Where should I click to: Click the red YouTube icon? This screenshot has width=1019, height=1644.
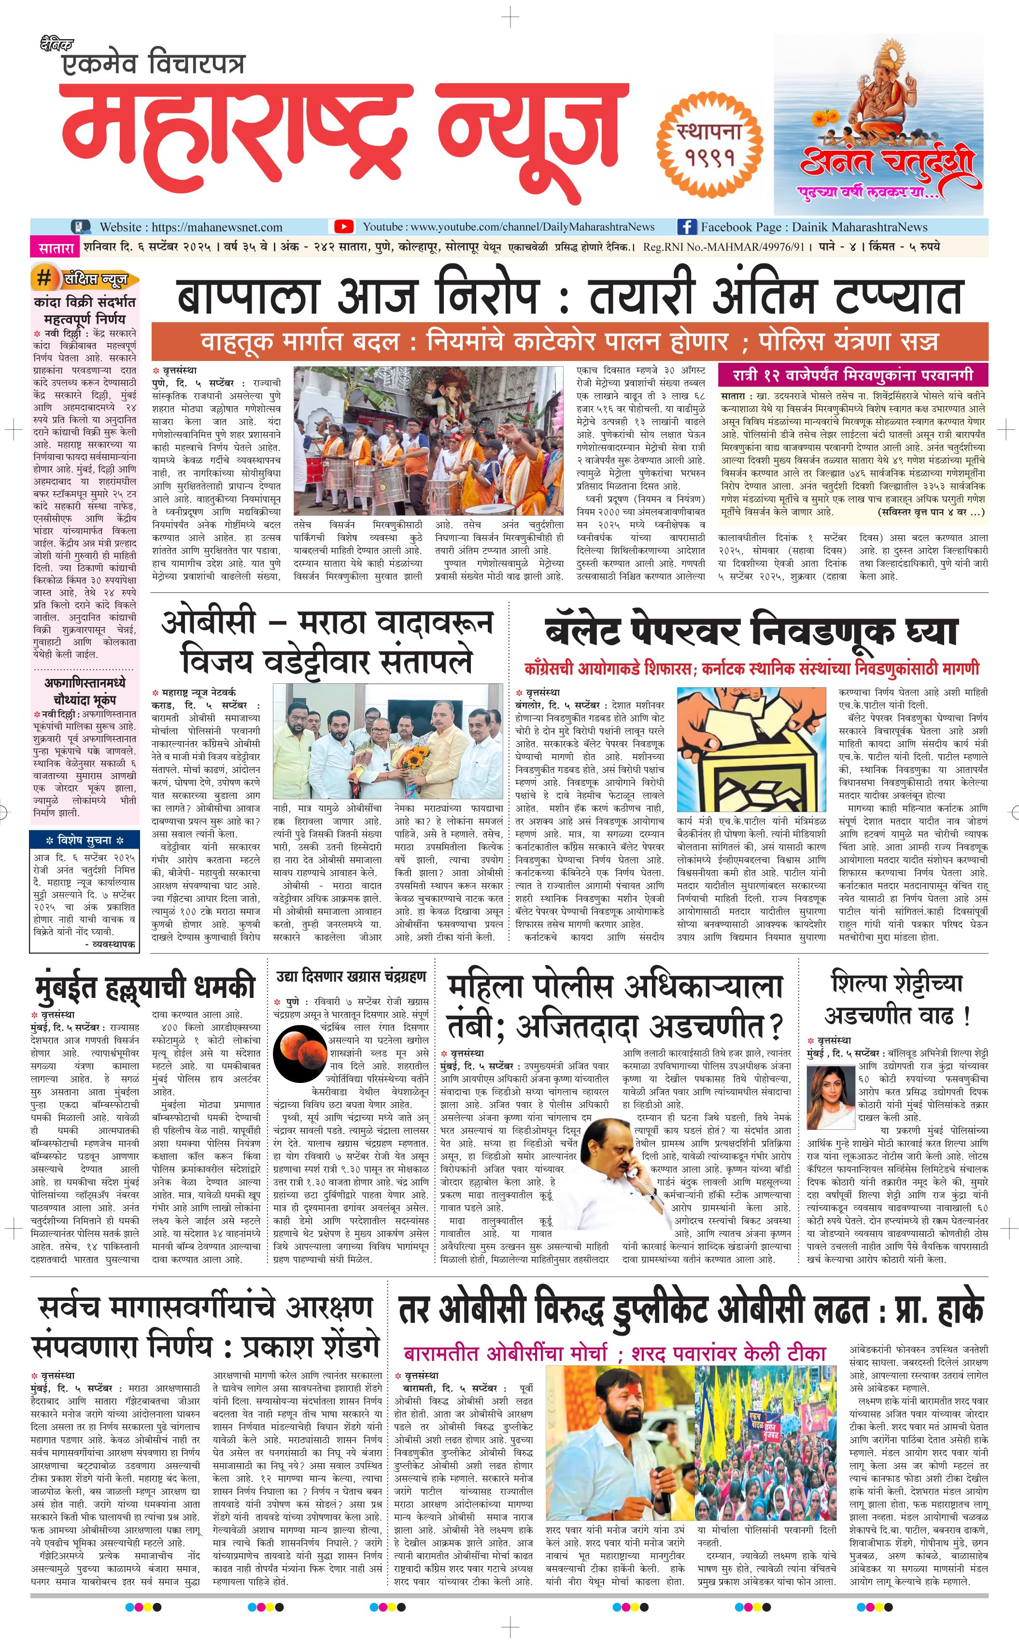(344, 227)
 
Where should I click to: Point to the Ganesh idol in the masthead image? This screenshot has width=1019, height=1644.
(888, 84)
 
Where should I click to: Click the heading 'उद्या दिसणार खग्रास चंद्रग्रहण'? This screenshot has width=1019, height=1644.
(351, 977)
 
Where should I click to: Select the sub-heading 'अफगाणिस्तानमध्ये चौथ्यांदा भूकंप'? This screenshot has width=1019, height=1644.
(85, 691)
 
